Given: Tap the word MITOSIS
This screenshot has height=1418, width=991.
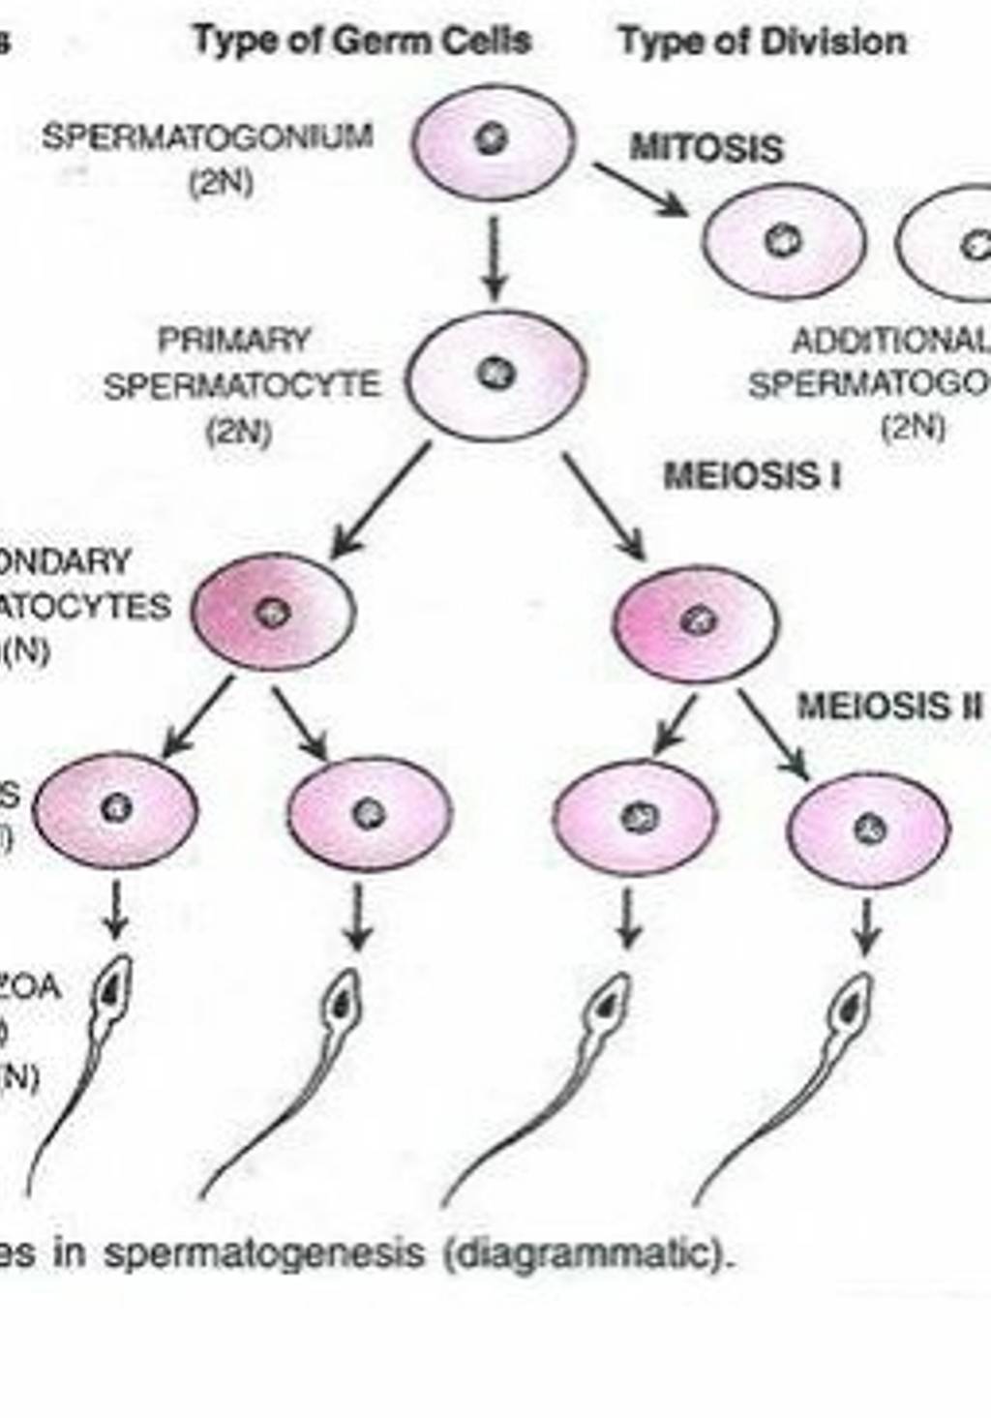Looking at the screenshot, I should click(706, 148).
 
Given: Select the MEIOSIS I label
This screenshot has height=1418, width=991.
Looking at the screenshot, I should click(752, 476).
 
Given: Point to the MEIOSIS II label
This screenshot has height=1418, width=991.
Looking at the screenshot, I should click(888, 707).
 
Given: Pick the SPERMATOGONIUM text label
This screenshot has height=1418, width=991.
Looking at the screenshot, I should click(207, 136).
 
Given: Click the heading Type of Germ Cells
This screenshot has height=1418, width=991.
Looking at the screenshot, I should click(362, 41).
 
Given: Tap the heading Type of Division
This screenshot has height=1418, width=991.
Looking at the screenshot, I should click(763, 41).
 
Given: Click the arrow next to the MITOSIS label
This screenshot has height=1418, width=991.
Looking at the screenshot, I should click(641, 189).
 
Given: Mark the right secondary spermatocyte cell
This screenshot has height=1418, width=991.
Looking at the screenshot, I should click(695, 622).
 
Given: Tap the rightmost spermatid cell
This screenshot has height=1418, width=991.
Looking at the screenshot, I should click(868, 830).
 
